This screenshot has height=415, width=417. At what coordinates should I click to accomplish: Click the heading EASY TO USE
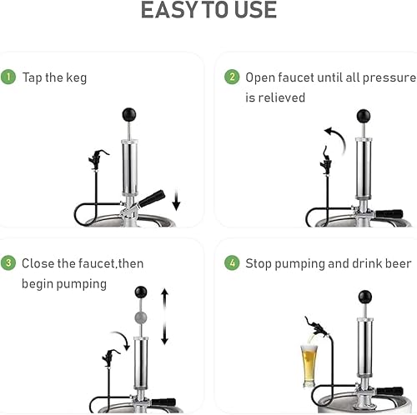point(208,11)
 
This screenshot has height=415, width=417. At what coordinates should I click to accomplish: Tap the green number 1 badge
point(9,77)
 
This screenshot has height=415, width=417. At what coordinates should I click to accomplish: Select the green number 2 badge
point(231,77)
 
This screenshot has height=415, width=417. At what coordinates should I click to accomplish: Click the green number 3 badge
point(9,263)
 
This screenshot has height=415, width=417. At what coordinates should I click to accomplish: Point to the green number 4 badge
point(231,263)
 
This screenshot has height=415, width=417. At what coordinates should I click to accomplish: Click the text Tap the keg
point(54,77)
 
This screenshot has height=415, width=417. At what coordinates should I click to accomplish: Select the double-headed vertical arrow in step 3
point(165,316)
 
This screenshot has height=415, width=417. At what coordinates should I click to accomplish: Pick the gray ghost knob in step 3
point(141,317)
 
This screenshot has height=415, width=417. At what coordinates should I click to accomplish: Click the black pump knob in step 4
point(364,297)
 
